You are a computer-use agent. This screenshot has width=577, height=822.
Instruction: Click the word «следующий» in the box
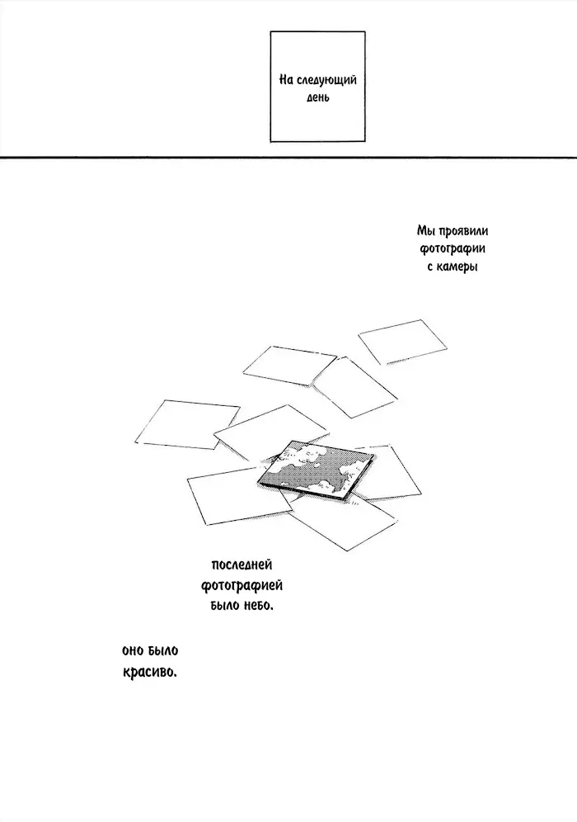coord(326,80)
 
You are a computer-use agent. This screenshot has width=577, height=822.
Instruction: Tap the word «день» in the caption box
coord(318,97)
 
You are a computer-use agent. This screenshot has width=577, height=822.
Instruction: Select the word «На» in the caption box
coord(285,80)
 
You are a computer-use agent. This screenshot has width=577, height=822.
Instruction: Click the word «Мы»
coord(426,231)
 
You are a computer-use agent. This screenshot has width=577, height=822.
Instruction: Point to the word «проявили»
coord(464,231)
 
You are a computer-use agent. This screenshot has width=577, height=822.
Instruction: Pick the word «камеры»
coord(457,267)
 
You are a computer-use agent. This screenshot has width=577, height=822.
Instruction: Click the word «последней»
coord(242,565)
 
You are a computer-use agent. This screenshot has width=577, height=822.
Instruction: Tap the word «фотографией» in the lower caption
coord(242,585)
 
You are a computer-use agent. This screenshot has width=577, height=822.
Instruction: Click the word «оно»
coord(133,651)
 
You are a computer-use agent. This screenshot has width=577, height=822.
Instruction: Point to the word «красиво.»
coord(150,672)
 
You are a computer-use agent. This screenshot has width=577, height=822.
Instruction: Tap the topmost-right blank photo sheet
coord(402,342)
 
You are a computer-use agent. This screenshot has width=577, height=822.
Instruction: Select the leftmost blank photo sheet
coord(187,424)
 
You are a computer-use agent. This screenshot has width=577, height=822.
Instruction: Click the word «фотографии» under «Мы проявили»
coord(453,249)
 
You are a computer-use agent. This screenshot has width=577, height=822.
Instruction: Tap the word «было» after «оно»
coord(163,650)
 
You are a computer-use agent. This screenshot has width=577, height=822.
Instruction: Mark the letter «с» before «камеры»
coord(430,267)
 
